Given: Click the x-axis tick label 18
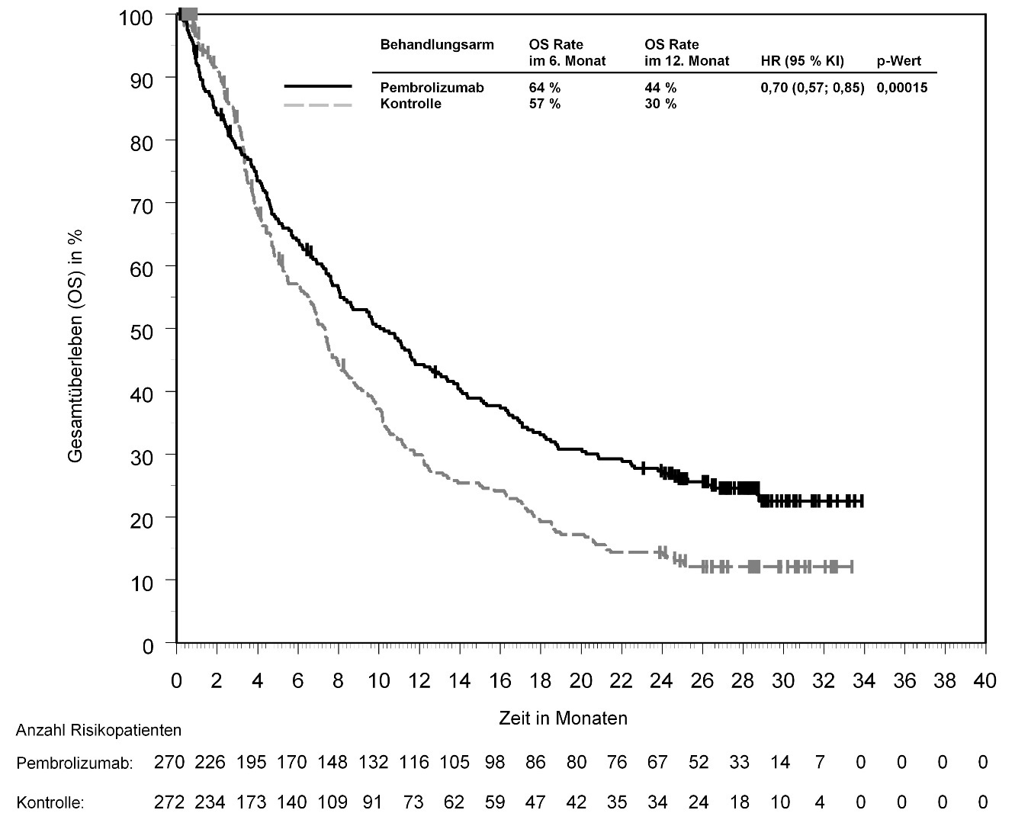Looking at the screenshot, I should click(540, 681).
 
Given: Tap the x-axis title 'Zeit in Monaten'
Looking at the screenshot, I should click(563, 719).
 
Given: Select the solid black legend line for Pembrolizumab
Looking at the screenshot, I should click(318, 87).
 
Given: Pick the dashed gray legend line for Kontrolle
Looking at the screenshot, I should click(318, 104).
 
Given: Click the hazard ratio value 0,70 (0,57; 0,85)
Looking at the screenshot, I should click(812, 88).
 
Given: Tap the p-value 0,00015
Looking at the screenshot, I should click(902, 88).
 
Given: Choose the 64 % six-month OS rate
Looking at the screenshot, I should click(544, 88).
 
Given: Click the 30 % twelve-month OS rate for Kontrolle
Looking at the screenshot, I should click(660, 104).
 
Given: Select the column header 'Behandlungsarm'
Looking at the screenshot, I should click(437, 45).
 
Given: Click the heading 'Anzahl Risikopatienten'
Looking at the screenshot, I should click(99, 731).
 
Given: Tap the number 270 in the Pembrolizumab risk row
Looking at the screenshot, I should click(170, 763).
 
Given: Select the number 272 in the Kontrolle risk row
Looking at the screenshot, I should click(170, 802).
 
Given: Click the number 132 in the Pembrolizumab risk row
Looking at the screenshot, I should click(374, 763).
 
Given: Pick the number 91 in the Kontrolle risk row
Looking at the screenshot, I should click(374, 802).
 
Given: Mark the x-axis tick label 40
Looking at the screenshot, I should click(984, 681).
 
